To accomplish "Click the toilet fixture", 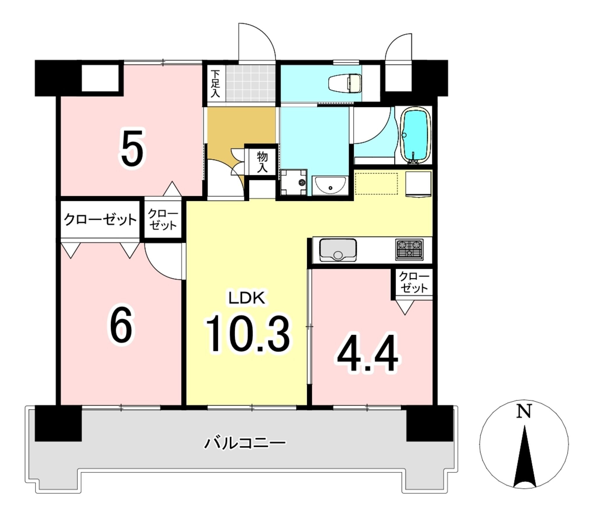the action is pyautogui.click(x=345, y=83).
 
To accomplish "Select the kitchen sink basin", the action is pyautogui.click(x=338, y=250).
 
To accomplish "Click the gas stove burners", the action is pyautogui.click(x=409, y=250).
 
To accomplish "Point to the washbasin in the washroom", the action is pyautogui.click(x=330, y=185).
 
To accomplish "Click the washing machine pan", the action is pyautogui.click(x=294, y=183).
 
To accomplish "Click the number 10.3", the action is pyautogui.click(x=248, y=334).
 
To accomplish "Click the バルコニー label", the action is pyautogui.click(x=245, y=443).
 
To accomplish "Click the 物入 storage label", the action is pyautogui.click(x=262, y=162).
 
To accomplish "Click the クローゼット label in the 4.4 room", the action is pyautogui.click(x=414, y=282).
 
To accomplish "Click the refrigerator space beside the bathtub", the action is pyautogui.click(x=418, y=184).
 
